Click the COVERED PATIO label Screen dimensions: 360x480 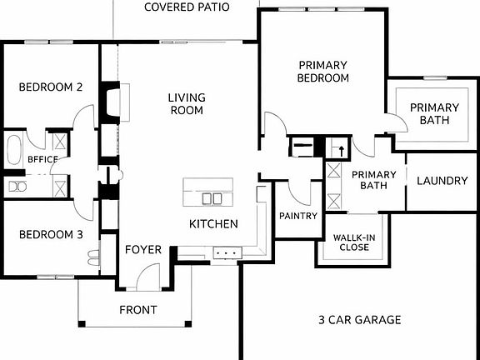[187, 7]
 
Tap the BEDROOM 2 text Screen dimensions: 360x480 [51, 87]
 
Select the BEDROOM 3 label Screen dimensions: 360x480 [51, 235]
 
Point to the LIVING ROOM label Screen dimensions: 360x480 [187, 103]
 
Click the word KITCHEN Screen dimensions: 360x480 [213, 224]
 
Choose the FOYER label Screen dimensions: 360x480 [142, 250]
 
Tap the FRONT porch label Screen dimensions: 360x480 [137, 311]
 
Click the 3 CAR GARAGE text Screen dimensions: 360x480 [360, 320]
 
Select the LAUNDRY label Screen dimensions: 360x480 [441, 181]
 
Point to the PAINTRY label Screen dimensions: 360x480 [298, 217]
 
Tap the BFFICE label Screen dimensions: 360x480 [42, 157]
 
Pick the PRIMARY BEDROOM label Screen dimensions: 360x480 [323, 72]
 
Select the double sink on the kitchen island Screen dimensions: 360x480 [212, 198]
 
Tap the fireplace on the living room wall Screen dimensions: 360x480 [109, 101]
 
